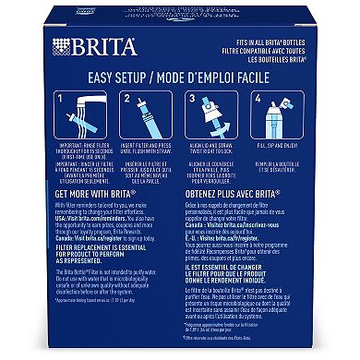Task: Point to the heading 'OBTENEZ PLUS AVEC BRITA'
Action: click(236, 194)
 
